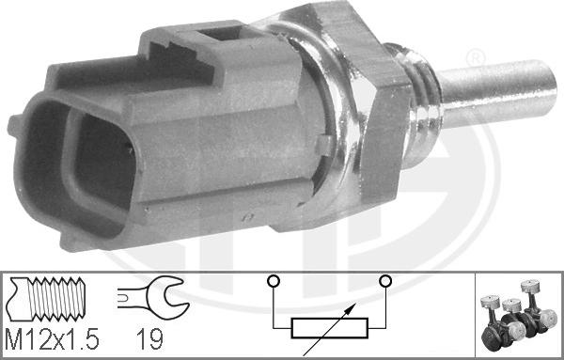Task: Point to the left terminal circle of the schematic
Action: pyautogui.click(x=272, y=280)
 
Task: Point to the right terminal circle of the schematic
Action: pyautogui.click(x=384, y=280)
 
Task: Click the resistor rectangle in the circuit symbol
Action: pyautogui.click(x=328, y=328)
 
